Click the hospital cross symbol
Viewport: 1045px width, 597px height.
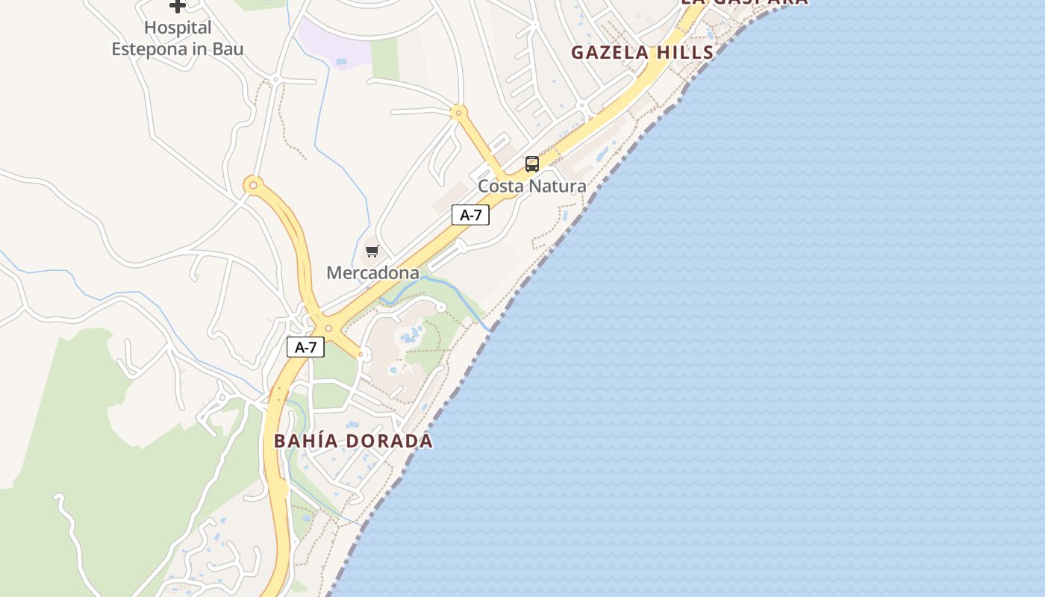177,6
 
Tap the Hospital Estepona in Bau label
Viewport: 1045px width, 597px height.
178,39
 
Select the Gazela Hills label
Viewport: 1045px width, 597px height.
643,52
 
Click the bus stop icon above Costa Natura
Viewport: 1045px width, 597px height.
532,164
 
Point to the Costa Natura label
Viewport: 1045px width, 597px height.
532,186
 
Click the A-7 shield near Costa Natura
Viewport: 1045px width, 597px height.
470,215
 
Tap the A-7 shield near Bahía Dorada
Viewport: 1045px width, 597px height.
306,347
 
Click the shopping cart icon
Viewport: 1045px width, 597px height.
372,251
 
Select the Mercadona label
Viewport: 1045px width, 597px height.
372,273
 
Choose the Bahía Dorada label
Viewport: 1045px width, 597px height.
353,441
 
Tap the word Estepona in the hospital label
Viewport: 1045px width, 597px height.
150,50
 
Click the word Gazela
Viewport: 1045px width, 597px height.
609,52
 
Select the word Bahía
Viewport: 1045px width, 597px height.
302,441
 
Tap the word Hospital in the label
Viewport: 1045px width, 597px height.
178,28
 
